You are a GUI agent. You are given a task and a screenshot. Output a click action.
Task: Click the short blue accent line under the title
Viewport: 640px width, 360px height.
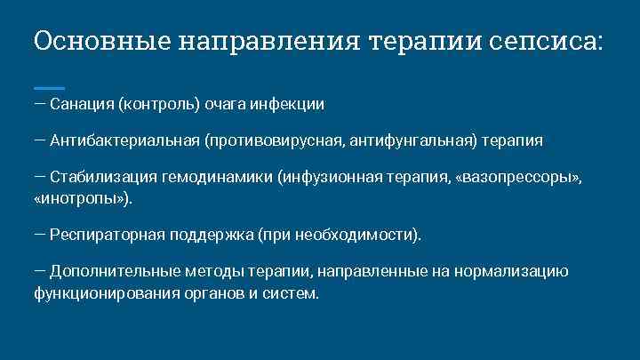click(49, 87)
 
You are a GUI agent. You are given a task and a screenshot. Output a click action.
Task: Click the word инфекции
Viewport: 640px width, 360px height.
click(289, 105)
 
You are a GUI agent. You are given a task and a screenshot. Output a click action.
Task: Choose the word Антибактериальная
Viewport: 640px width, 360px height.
click(124, 140)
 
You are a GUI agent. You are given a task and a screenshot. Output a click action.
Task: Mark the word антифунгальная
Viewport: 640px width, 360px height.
click(414, 140)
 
